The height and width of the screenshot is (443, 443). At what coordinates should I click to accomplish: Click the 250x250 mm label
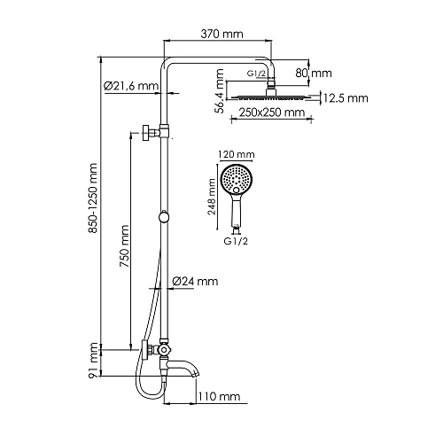pos(271,113)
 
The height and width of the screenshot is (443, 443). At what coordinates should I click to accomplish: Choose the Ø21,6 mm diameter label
pos(130,86)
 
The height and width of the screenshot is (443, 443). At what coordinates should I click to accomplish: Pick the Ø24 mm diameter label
pos(195,282)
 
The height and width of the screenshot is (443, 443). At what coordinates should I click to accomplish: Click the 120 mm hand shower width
pos(234,153)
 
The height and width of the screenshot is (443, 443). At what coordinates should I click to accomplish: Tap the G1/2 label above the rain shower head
pos(257,73)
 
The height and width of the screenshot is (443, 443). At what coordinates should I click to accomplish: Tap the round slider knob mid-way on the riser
pos(162,218)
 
